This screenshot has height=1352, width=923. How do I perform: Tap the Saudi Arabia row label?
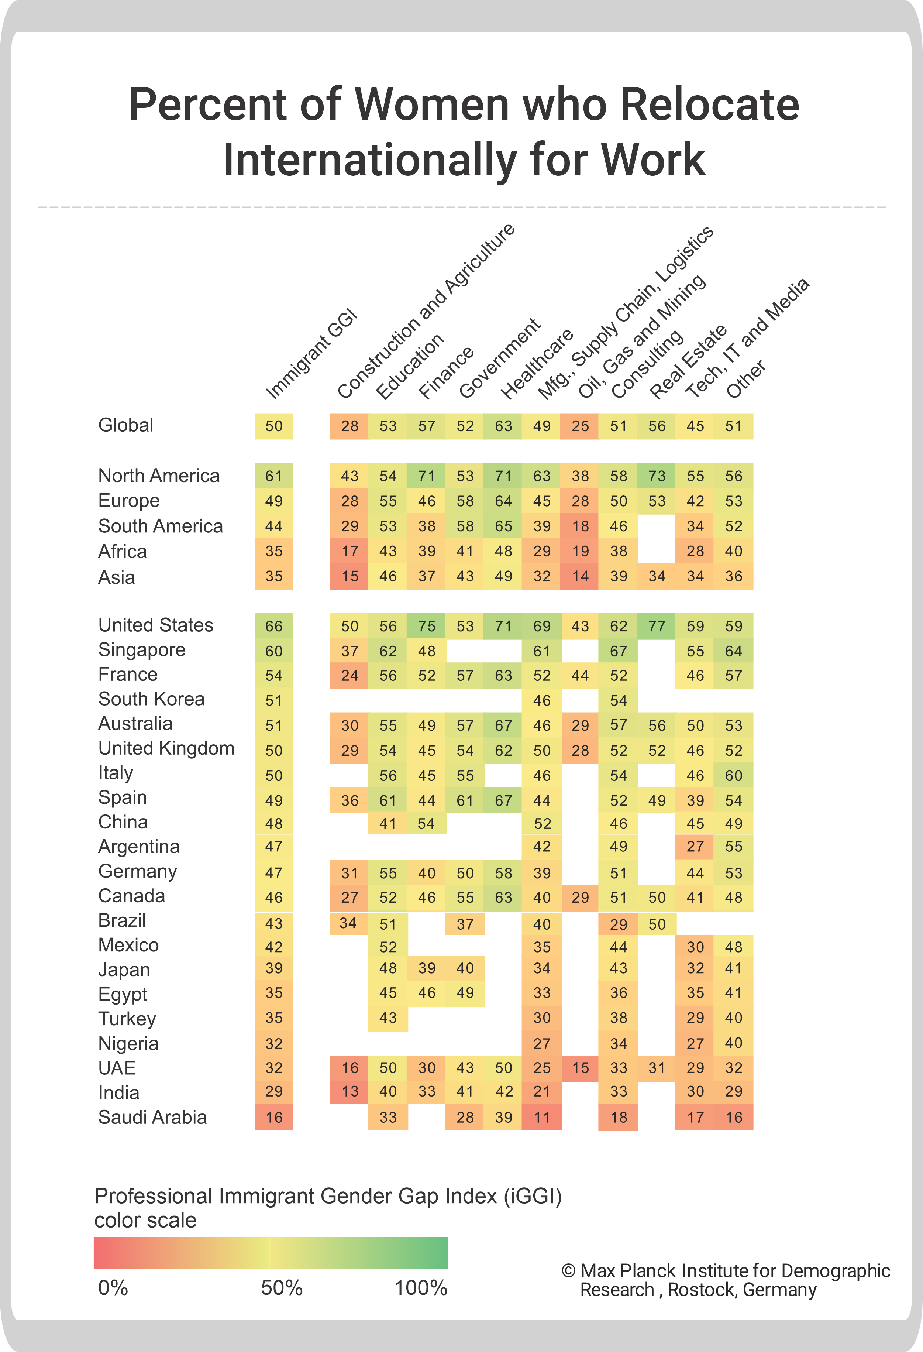click(x=152, y=1117)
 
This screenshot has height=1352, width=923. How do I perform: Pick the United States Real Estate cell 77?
click(x=657, y=626)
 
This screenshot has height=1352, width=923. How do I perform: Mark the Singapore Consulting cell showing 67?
click(x=618, y=651)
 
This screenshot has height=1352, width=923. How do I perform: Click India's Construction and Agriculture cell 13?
click(x=349, y=1091)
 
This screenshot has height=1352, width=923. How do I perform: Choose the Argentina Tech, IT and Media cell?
click(x=695, y=847)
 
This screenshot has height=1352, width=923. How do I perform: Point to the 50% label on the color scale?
click(x=282, y=1287)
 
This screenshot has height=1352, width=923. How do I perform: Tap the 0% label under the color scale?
click(x=113, y=1287)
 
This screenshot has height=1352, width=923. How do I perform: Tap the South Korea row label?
click(x=151, y=699)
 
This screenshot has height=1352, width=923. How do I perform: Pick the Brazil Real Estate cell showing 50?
click(x=657, y=924)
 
